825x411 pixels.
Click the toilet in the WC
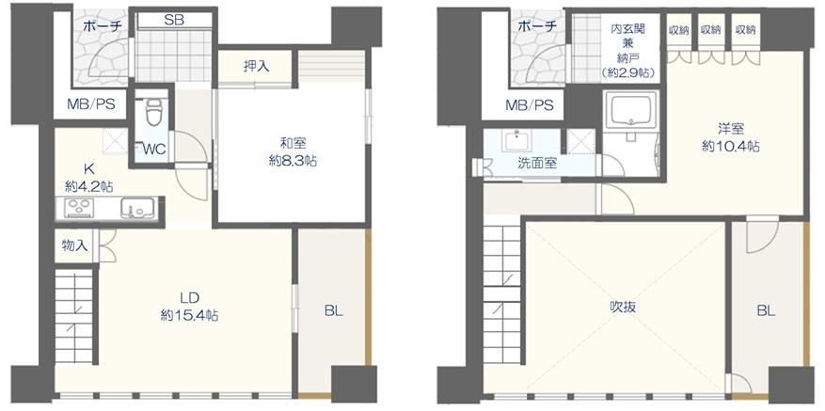[153, 112]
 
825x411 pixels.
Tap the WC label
[153, 150]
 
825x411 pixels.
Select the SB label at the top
[174, 21]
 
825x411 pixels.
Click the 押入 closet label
[256, 67]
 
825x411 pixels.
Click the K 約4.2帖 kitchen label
[88, 177]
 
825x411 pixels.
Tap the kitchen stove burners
[77, 209]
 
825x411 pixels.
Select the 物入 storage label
[74, 245]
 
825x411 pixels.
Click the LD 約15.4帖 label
[189, 307]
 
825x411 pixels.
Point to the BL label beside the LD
[334, 311]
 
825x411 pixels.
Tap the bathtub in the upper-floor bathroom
[631, 110]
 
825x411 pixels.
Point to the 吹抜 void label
[624, 307]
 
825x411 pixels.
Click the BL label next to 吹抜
[767, 311]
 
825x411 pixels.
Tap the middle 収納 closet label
[710, 30]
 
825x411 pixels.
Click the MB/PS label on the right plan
[530, 105]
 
